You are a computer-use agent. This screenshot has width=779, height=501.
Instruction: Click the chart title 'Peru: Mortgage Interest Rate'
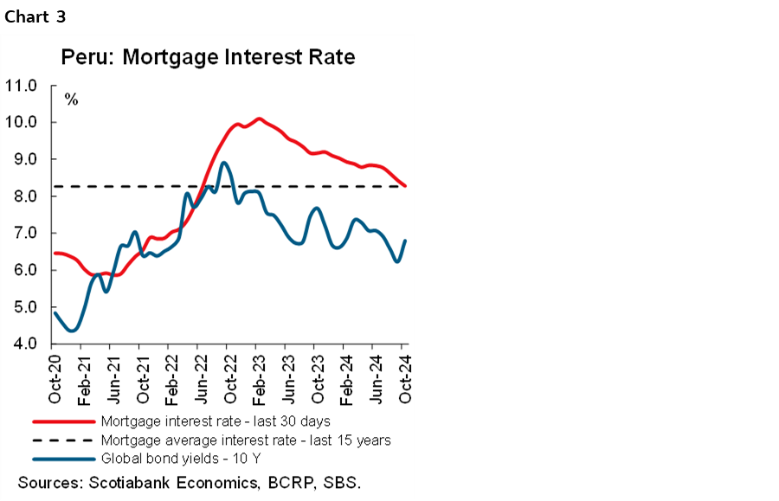tap(208, 58)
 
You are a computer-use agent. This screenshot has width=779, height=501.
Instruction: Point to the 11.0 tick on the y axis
tap(21, 86)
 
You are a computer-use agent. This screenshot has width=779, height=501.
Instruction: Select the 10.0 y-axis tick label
tap(21, 123)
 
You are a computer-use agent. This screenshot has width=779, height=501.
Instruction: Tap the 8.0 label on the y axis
tap(21, 196)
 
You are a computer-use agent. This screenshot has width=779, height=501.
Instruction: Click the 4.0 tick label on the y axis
tap(21, 344)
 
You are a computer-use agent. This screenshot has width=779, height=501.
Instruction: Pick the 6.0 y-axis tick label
tap(21, 271)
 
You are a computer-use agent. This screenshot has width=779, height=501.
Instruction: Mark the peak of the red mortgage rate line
tap(258, 119)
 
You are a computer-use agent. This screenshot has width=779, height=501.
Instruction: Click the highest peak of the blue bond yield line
tap(224, 163)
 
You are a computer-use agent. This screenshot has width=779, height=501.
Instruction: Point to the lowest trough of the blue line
tap(73, 330)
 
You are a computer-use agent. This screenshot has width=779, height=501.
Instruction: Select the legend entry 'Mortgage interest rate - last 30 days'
tap(215, 421)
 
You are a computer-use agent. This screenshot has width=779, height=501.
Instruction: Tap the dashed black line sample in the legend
tap(62, 440)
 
